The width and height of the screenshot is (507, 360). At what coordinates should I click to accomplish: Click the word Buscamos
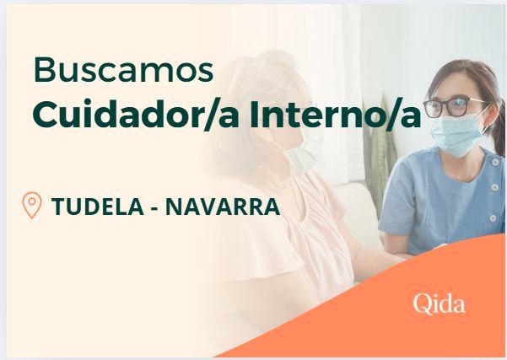click(x=123, y=69)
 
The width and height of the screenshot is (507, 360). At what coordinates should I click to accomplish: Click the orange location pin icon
click(x=32, y=205)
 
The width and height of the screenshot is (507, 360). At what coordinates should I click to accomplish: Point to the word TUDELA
click(x=97, y=207)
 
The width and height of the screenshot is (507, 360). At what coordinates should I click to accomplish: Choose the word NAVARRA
click(x=223, y=207)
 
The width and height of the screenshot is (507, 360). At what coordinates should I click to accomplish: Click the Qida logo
click(x=440, y=304)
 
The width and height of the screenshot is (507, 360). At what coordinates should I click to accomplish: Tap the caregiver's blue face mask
click(x=456, y=134)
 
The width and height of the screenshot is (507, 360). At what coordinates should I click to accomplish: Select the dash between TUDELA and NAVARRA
click(x=154, y=208)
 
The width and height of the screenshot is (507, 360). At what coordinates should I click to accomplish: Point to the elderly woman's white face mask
click(x=299, y=159)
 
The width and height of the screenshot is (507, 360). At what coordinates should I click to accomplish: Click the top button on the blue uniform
click(x=494, y=163)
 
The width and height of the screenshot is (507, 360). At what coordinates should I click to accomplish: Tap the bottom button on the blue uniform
click(x=493, y=218)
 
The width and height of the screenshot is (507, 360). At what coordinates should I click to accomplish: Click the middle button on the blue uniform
click(x=494, y=187)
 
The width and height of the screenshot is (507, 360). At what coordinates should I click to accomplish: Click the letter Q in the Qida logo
click(x=421, y=304)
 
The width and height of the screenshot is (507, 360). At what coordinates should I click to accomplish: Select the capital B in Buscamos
click(x=43, y=70)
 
